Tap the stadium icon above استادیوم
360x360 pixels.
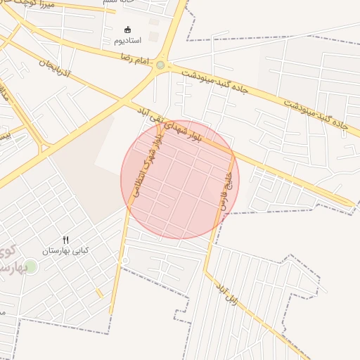click(x=127, y=30)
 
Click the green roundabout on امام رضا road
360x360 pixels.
click(x=160, y=65)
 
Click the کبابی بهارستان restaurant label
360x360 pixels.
click(x=65, y=250)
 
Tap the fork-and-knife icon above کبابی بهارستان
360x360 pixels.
click(x=66, y=240)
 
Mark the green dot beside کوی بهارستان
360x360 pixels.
click(x=30, y=266)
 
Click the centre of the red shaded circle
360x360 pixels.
click(x=179, y=179)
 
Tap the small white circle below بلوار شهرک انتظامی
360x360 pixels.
click(x=125, y=261)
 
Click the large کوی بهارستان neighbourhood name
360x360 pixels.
click(x=8, y=260)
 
